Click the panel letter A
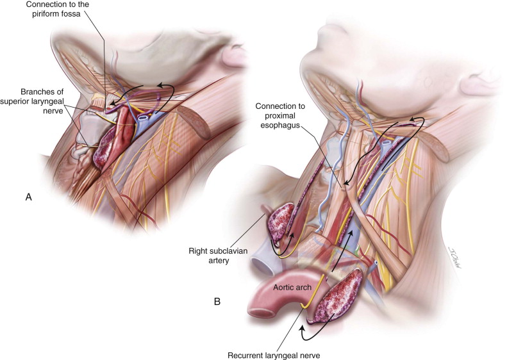click(28, 198)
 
